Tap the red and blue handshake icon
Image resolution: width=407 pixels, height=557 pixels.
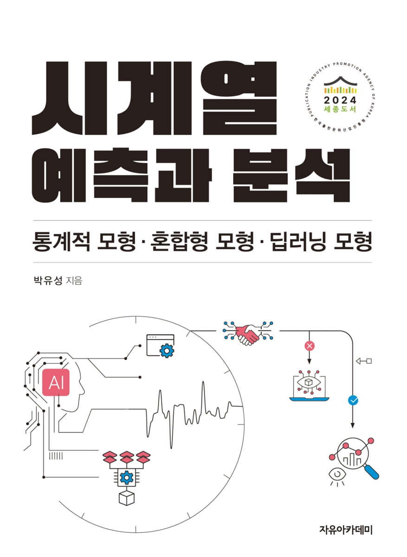(247, 332)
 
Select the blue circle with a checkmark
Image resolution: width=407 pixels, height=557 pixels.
(353, 399)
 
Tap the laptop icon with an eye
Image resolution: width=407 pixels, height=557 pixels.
(309, 386)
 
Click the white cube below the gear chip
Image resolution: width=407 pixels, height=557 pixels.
(126, 498)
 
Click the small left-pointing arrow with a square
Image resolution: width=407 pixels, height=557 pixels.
(364, 361)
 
